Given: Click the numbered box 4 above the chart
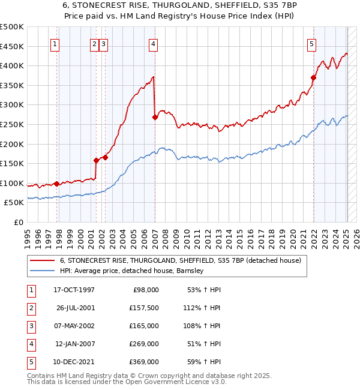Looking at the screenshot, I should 154,43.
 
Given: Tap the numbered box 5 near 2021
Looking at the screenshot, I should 312,43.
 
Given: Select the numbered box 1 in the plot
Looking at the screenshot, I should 55,43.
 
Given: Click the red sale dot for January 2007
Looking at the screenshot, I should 155,117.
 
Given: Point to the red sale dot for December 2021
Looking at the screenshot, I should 313,77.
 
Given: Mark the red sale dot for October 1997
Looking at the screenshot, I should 56,184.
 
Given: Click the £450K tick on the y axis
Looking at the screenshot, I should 12,47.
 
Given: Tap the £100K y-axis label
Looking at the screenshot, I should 12,184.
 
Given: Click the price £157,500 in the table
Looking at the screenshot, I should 144,308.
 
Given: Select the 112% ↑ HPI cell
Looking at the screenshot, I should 203,308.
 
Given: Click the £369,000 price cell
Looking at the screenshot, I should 144,362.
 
